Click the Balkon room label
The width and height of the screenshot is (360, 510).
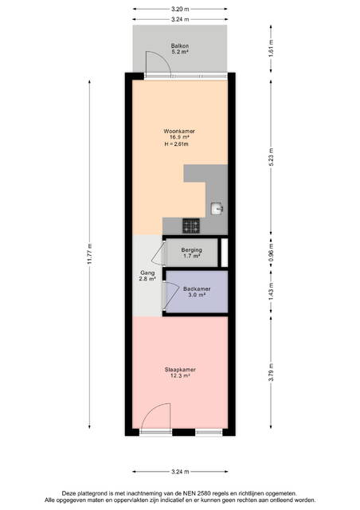click(x=180, y=46)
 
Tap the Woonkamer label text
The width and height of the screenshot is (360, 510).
click(x=179, y=131)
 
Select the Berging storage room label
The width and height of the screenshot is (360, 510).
click(x=191, y=250)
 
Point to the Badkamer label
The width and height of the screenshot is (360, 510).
click(x=197, y=288)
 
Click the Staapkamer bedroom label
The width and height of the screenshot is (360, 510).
click(x=180, y=370)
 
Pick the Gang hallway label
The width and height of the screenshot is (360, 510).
click(x=147, y=273)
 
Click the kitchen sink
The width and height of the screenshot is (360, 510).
click(x=217, y=209)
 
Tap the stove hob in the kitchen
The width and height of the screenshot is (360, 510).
click(x=191, y=226)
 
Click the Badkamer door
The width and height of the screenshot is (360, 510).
click(x=170, y=294)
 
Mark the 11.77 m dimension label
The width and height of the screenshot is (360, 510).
click(x=90, y=253)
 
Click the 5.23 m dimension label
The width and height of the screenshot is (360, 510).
click(x=271, y=157)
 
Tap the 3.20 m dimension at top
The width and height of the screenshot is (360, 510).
click(x=180, y=9)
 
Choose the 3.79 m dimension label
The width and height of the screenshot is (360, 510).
click(x=271, y=372)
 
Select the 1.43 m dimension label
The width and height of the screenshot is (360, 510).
click(x=271, y=292)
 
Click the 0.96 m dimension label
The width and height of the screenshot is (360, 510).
click(x=271, y=253)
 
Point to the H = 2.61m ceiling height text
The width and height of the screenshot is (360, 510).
click(x=177, y=144)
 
